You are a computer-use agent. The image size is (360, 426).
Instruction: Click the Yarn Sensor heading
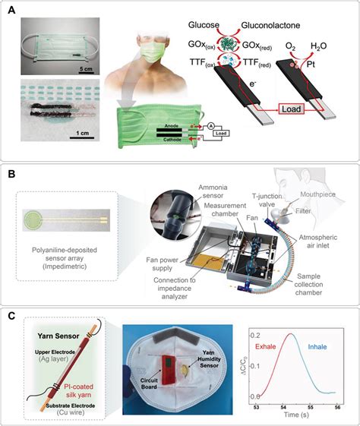click(63, 338)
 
